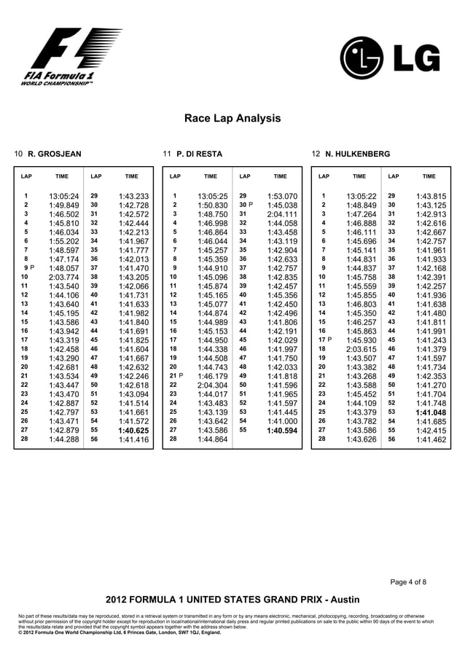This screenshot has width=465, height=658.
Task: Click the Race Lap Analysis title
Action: [x=232, y=118]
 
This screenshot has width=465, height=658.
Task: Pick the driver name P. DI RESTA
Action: [x=199, y=154]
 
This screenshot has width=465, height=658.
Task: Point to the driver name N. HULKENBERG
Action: [x=357, y=154]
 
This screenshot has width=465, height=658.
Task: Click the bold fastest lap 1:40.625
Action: [x=133, y=430]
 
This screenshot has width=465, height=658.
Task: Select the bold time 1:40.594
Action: [x=282, y=430]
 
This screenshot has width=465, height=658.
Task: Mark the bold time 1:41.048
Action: [x=430, y=412]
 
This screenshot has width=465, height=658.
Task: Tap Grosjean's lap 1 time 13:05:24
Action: [x=63, y=196]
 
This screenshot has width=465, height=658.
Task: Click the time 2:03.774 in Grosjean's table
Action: [x=63, y=277]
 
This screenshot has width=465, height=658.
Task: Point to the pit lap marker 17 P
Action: [x=324, y=340]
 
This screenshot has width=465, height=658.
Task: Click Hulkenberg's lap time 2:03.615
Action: [x=361, y=349]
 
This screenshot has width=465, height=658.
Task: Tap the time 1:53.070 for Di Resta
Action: [x=282, y=196]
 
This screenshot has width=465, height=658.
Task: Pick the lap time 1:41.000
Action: [x=282, y=420]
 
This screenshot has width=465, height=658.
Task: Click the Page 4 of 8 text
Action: [x=408, y=581]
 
